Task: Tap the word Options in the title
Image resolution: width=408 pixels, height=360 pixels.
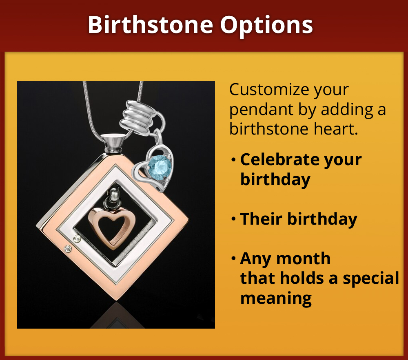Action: point(267,25)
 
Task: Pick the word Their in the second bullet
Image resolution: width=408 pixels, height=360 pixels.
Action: point(262,219)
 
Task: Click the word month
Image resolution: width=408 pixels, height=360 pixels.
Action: point(306,258)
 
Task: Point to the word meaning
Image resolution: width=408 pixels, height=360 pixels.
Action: point(276,298)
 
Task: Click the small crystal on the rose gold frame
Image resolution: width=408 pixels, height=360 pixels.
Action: point(68,248)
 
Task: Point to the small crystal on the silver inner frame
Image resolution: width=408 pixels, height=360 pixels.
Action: point(75,238)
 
